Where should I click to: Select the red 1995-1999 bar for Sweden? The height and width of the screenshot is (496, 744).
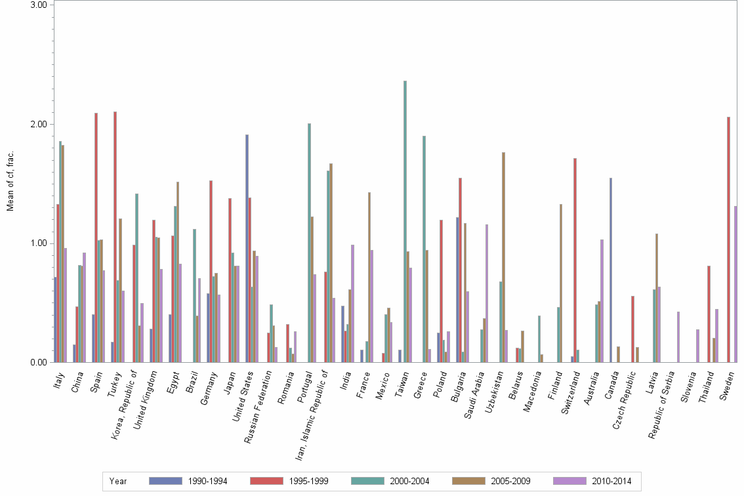point(728,239)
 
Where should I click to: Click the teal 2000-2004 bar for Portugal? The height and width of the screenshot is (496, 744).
point(309,243)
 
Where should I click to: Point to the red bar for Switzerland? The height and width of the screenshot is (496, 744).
point(575,260)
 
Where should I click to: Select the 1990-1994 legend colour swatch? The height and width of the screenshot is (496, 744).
point(165,481)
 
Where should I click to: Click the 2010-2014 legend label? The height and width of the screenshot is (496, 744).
point(612,481)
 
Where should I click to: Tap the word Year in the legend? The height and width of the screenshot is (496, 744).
point(118,481)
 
